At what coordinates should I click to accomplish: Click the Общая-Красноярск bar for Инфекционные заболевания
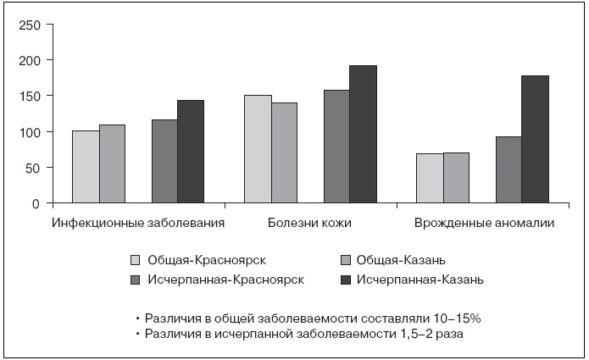(x=86, y=167)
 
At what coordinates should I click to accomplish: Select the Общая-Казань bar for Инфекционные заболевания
(x=112, y=164)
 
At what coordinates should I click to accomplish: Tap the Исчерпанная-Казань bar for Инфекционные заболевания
(x=191, y=152)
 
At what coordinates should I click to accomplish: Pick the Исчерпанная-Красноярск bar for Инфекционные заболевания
(x=164, y=161)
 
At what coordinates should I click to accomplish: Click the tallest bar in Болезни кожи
(x=363, y=135)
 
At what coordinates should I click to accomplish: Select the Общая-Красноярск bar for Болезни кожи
(x=258, y=149)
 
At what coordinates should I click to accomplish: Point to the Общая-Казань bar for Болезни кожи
(x=284, y=153)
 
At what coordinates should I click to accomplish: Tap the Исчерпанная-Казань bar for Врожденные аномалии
(x=535, y=140)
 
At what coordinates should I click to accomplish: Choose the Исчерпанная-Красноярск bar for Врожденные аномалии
(x=508, y=169)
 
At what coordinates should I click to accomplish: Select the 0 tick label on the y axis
(x=36, y=203)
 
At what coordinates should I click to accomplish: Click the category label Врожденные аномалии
(x=484, y=224)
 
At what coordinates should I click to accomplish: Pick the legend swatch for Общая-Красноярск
(x=136, y=259)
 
